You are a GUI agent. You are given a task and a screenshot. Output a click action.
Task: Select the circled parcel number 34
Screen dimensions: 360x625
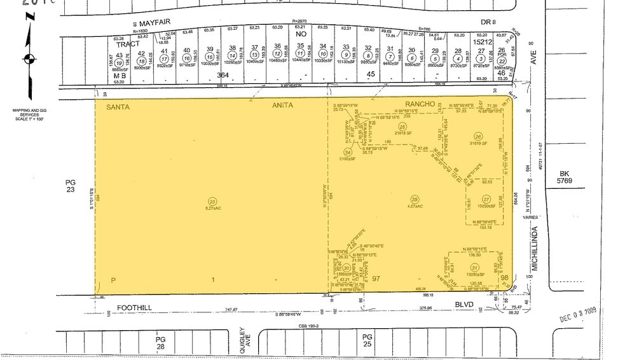click(347, 153)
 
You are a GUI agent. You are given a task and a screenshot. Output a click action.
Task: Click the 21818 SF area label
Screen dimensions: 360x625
click(402, 132)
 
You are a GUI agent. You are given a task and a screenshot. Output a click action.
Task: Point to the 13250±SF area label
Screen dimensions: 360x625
click(479, 207)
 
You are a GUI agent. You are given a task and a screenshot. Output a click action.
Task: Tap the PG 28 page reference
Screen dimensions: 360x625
click(160, 343)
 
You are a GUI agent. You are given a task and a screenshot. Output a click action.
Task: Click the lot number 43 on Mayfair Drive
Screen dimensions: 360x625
click(118, 55)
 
